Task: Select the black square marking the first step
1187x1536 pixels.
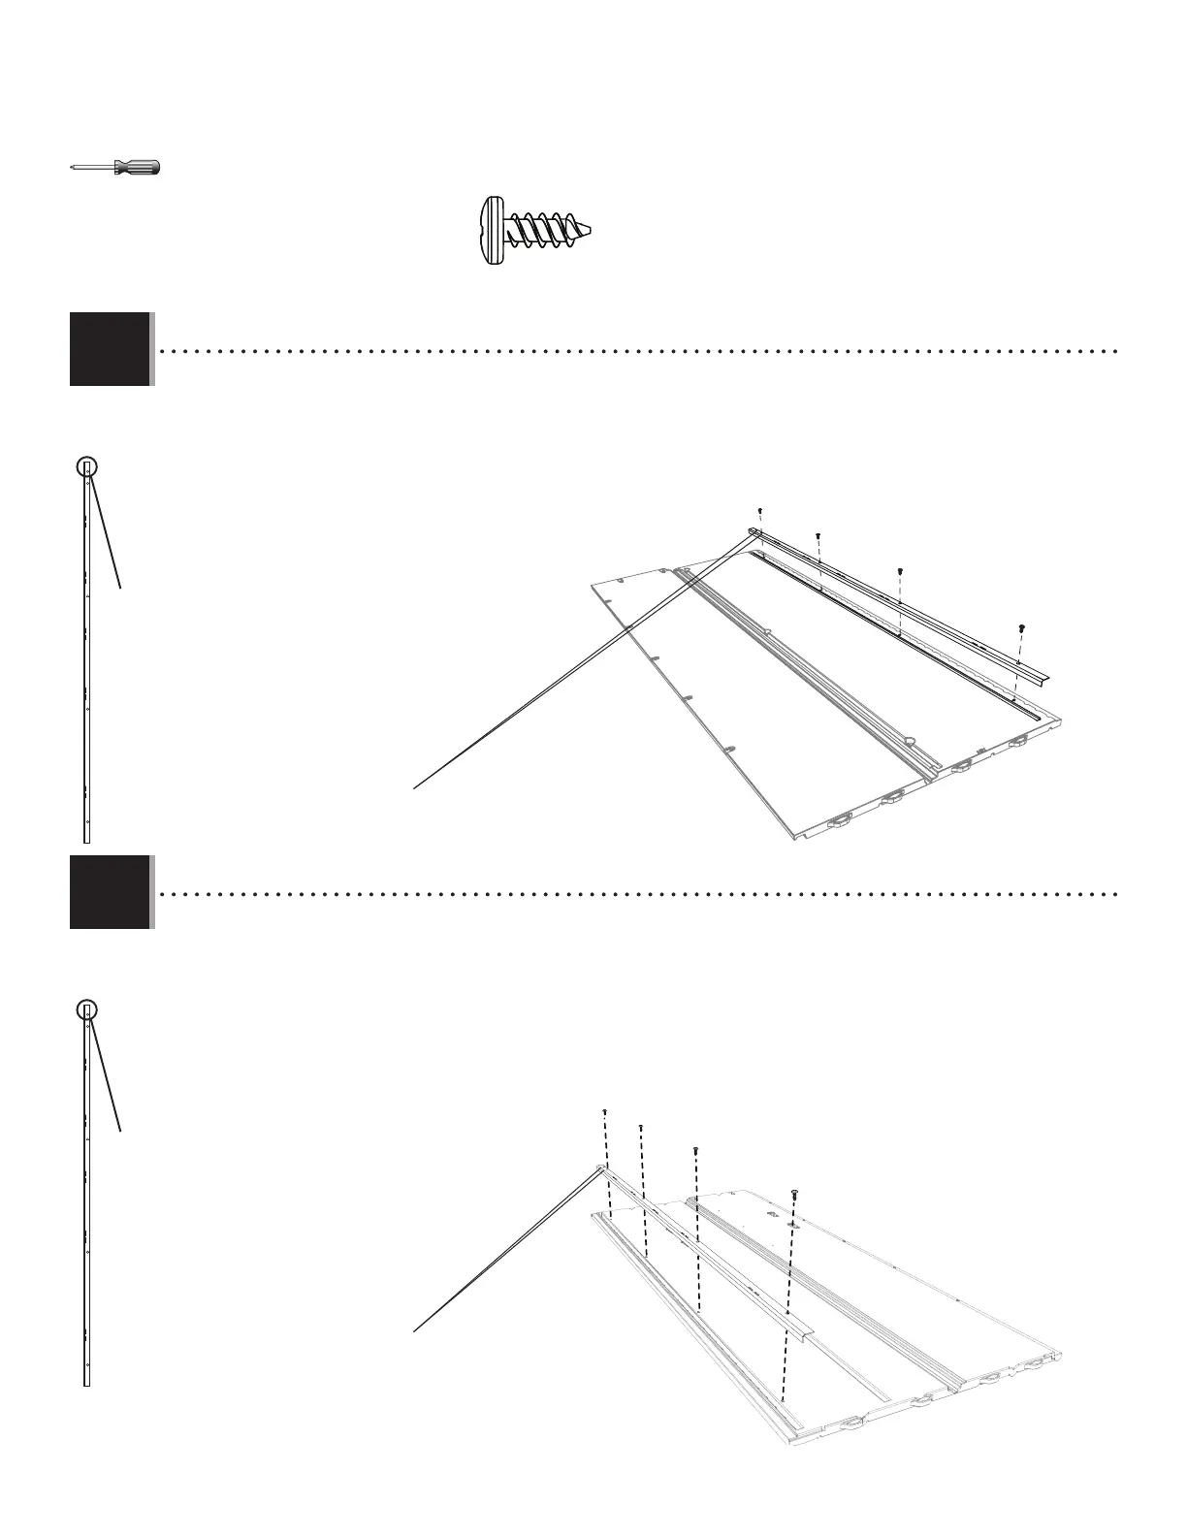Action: (110, 349)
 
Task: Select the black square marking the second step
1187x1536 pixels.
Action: (110, 892)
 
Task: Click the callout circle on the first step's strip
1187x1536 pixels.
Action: (87, 466)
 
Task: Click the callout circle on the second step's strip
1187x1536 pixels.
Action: (87, 1009)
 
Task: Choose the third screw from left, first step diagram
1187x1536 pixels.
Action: (901, 571)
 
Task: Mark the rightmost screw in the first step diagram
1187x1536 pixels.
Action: (1021, 628)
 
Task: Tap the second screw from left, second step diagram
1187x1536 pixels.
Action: (641, 1127)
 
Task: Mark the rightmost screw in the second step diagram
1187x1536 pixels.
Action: (795, 1192)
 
